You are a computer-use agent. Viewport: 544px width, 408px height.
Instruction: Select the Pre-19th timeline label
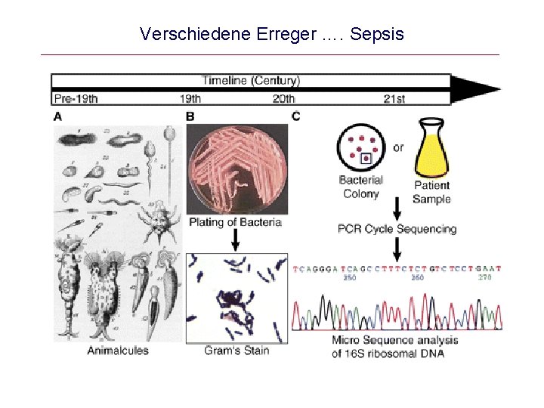point(76,97)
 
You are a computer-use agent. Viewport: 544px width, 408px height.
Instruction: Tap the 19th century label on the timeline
point(190,97)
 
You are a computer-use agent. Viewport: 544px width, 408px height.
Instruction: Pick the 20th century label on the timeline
point(283,97)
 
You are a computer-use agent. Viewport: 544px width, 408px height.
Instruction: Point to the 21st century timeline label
point(394,97)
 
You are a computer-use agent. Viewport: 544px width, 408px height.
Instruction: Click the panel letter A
point(58,116)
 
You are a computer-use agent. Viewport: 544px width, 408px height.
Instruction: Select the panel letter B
point(190,116)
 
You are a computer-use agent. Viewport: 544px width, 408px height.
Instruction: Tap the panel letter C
point(295,116)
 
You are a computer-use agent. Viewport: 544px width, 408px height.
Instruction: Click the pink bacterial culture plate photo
point(236,168)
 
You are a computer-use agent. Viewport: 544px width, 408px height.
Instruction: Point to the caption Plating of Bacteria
point(235,222)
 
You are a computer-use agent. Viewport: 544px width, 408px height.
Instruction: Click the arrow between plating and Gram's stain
point(236,240)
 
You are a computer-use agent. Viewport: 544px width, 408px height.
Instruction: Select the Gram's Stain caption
point(236,351)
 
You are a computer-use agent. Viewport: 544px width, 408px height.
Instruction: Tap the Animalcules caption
point(118,351)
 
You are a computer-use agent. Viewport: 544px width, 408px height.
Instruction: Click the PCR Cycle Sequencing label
point(397,229)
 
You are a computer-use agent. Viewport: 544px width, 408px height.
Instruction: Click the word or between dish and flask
point(398,147)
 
